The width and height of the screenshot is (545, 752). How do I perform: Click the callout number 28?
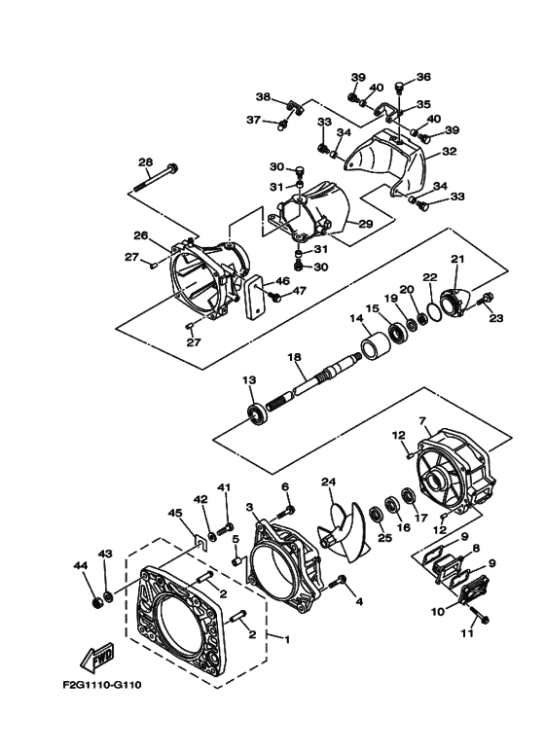point(145,162)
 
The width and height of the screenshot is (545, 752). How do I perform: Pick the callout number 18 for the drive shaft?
point(294,358)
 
